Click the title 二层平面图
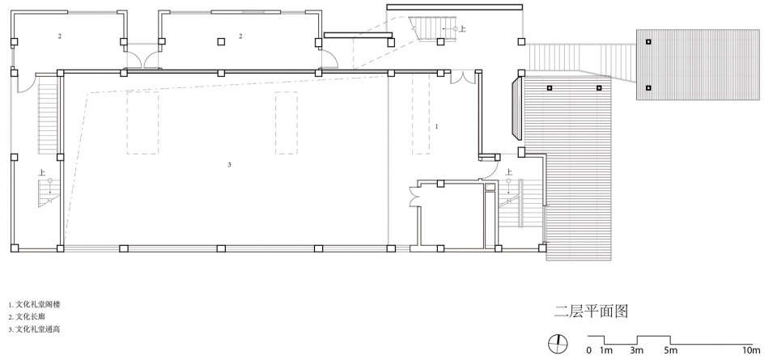(x=591, y=311)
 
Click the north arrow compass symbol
(x=558, y=343)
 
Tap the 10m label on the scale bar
(x=751, y=351)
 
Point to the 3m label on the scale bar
(x=637, y=351)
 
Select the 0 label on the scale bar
(x=588, y=351)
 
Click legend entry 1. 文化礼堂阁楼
(x=34, y=304)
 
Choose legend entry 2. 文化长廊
(x=28, y=316)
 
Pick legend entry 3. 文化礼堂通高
(x=34, y=328)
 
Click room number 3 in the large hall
(x=229, y=164)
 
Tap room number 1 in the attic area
(x=436, y=126)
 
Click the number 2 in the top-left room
(x=59, y=36)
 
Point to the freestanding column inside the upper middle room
(x=220, y=42)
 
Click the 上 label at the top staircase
(x=463, y=29)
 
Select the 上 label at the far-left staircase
(x=43, y=173)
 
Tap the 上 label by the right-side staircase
(x=508, y=172)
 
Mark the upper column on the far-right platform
(x=648, y=42)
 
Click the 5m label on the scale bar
(x=670, y=351)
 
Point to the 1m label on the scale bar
(x=605, y=351)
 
